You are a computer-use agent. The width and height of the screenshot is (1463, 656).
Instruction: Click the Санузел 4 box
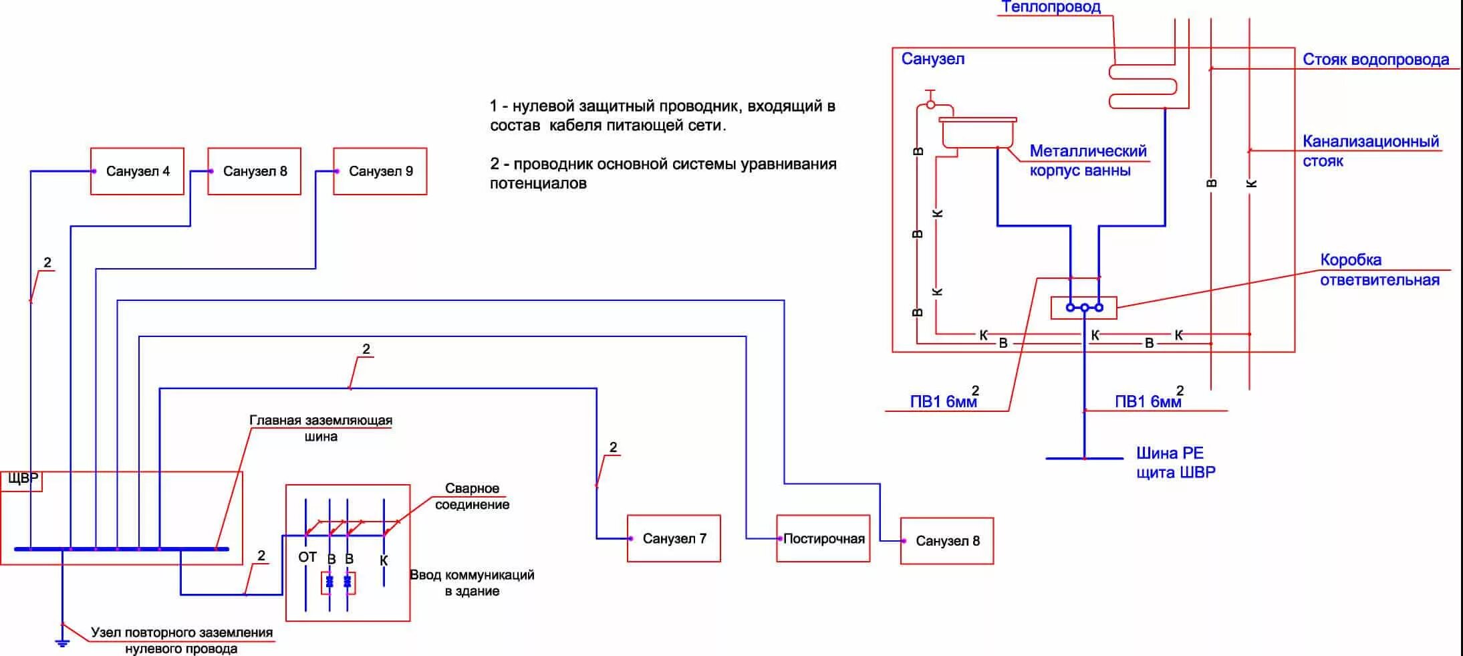click(x=137, y=171)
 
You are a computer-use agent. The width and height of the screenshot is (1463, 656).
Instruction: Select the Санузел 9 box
click(x=380, y=171)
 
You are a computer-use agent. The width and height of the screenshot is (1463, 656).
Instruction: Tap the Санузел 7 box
click(x=674, y=538)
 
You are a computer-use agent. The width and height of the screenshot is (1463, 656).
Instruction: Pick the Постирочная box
click(x=823, y=538)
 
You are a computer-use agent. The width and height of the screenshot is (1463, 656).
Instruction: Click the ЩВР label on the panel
click(x=22, y=479)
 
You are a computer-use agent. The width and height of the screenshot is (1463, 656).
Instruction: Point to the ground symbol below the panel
click(x=62, y=643)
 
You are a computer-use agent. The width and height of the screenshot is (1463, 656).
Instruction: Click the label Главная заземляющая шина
click(x=321, y=428)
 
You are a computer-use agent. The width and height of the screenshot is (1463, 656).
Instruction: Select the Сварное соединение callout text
click(x=472, y=496)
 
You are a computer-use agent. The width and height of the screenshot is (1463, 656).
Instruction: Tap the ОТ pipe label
click(x=307, y=557)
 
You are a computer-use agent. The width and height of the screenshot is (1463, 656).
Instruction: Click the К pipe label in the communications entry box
click(x=384, y=560)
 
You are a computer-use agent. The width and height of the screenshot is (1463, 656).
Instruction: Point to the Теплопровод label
click(x=1051, y=7)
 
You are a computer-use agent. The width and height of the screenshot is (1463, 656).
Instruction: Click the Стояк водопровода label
click(x=1375, y=60)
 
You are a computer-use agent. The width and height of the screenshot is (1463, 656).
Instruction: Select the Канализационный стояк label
click(x=1370, y=151)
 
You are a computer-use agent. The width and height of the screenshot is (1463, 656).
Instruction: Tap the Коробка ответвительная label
click(x=1379, y=269)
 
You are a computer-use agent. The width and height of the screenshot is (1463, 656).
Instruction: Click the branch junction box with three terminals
click(x=1083, y=308)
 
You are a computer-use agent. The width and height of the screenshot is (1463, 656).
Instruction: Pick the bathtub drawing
click(x=977, y=132)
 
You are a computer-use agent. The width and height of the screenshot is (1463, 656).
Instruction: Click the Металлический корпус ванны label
click(x=1087, y=160)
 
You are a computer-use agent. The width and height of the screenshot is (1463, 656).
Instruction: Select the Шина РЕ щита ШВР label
click(x=1176, y=462)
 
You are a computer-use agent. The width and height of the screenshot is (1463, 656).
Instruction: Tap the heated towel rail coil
click(x=1143, y=86)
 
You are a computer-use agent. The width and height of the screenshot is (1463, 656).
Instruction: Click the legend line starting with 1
click(x=662, y=115)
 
